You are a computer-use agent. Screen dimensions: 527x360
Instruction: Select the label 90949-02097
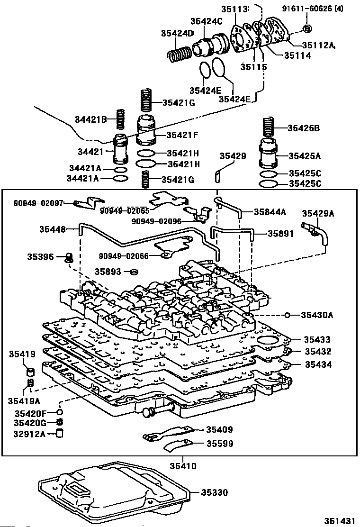coord(38,203)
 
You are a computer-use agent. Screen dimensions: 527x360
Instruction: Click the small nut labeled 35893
coord(135,272)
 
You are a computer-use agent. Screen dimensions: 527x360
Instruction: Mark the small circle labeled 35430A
coord(287,315)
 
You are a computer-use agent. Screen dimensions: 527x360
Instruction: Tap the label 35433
coord(317,340)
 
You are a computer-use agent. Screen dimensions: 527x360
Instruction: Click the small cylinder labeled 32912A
coord(60,433)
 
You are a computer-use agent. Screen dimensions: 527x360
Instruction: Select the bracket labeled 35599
coord(176,446)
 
